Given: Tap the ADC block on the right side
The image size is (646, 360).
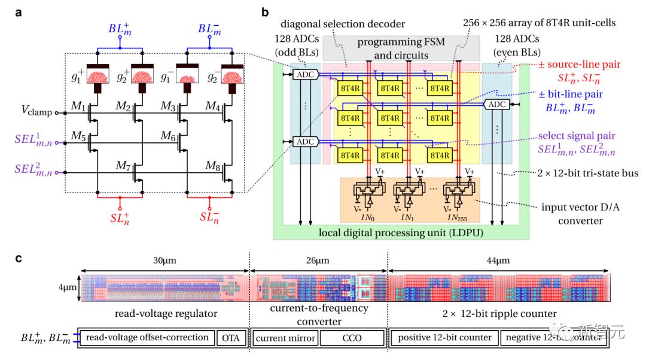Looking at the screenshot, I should [x=495, y=104].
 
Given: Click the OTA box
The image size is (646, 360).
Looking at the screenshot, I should [x=230, y=338].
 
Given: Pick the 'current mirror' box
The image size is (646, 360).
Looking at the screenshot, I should [x=285, y=338].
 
